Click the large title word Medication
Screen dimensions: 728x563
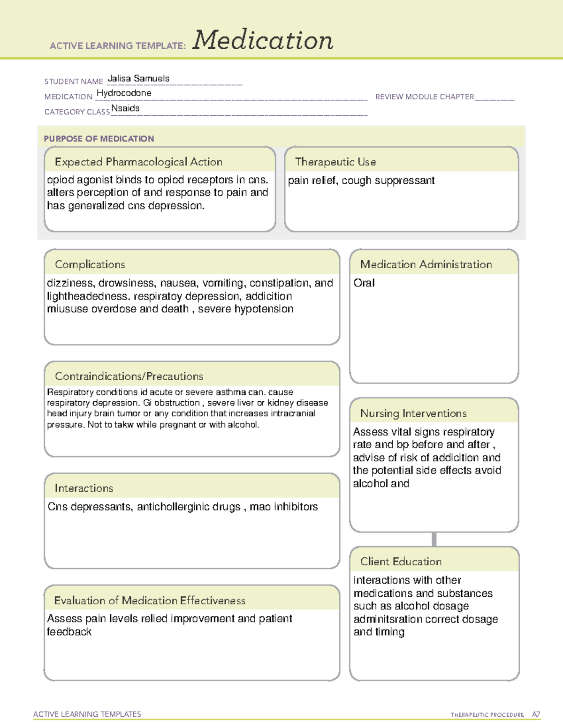click(263, 40)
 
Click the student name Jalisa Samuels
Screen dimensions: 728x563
click(138, 79)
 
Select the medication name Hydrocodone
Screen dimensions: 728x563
click(124, 93)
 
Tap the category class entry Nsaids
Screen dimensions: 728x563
click(125, 108)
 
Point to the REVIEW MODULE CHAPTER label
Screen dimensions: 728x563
click(425, 97)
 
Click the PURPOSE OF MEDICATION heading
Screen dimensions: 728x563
click(99, 139)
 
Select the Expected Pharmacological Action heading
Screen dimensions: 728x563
click(138, 162)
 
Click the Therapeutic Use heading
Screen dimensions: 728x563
click(335, 162)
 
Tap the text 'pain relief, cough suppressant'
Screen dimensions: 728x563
click(361, 180)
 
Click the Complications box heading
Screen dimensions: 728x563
click(90, 264)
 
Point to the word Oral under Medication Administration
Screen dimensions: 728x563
click(364, 283)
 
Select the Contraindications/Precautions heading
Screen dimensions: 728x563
click(129, 376)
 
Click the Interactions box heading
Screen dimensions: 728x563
click(84, 488)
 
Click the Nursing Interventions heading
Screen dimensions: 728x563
click(413, 413)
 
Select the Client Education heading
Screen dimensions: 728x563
click(401, 562)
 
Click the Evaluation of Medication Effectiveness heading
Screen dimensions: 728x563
click(150, 600)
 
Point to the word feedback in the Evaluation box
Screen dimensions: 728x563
click(69, 632)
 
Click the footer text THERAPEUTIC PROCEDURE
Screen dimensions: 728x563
click(487, 715)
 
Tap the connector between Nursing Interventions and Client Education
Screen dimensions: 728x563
click(434, 540)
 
